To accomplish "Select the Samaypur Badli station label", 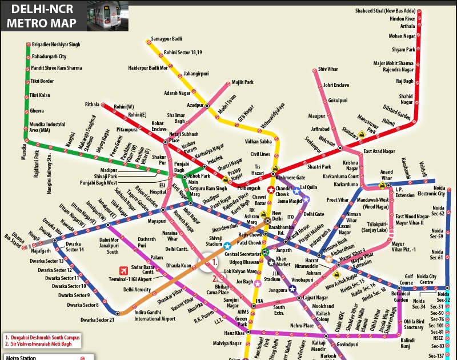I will pyautogui.click(x=166, y=38).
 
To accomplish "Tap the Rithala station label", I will pyautogui.click(x=92, y=105).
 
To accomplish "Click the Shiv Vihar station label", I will pyautogui.click(x=328, y=69).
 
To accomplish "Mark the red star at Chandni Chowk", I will pyautogui.click(x=271, y=190).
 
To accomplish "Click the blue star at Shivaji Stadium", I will pyautogui.click(x=227, y=246).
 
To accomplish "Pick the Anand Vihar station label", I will pyautogui.click(x=387, y=174).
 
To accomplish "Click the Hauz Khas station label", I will pyautogui.click(x=234, y=333).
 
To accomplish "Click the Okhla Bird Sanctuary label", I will pyautogui.click(x=414, y=324).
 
